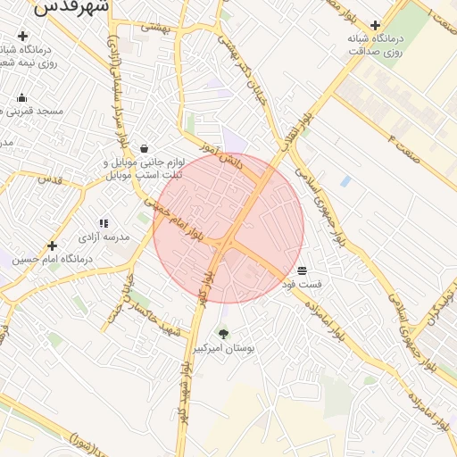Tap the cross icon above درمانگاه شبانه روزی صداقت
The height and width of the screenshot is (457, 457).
375,26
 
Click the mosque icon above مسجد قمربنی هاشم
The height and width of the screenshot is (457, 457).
22,97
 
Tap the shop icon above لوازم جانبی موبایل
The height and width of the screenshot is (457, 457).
145,149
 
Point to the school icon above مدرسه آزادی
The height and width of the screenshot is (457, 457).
104,223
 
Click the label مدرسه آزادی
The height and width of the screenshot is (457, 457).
105,237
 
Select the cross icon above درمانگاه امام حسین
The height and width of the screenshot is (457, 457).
53,245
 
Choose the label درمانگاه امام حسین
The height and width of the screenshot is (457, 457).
53,259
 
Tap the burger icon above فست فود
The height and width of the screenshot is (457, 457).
302,270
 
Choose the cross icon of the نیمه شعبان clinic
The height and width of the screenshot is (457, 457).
22,37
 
